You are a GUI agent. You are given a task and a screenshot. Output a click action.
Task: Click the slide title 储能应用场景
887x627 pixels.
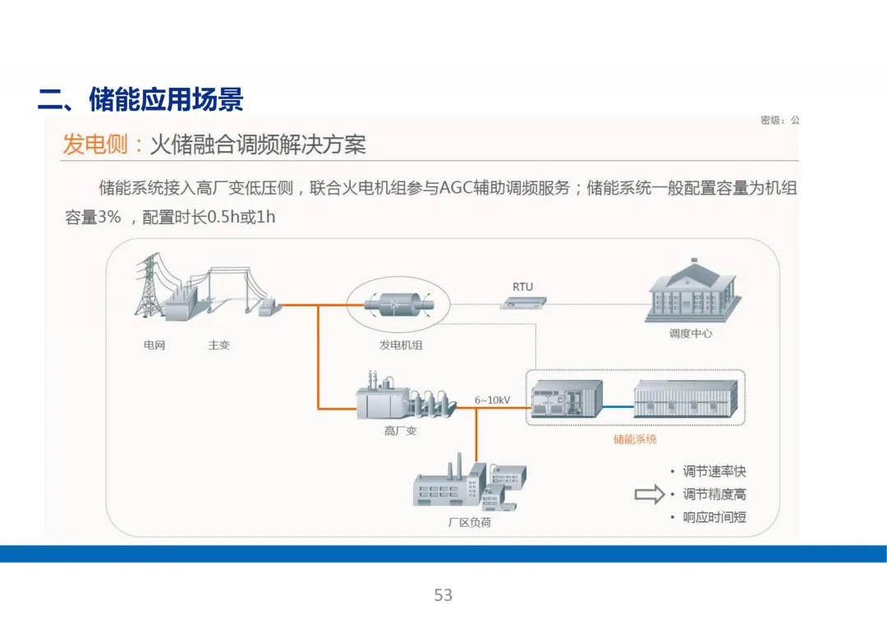[140, 101]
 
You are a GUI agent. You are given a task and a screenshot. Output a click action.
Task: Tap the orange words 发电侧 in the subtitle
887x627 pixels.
[95, 145]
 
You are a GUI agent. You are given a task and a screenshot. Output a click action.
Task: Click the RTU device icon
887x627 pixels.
[522, 304]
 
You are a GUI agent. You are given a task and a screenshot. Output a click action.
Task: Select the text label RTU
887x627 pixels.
[522, 286]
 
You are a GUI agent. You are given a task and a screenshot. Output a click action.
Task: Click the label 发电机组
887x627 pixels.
[401, 346]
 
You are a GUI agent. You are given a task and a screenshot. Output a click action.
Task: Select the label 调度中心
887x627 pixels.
[691, 334]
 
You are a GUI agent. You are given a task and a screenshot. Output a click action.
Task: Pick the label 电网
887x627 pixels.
[154, 346]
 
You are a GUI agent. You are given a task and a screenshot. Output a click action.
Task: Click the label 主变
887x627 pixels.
[218, 346]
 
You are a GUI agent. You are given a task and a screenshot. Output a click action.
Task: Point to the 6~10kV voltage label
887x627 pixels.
[493, 400]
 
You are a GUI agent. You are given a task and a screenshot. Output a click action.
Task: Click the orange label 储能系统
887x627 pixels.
[635, 439]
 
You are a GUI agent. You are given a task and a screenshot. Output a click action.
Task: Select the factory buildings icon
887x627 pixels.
[468, 487]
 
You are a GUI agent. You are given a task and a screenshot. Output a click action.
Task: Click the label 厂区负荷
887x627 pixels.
[469, 522]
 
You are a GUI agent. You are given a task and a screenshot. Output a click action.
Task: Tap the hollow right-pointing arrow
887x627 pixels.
[648, 494]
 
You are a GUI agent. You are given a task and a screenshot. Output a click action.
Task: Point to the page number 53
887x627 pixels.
[443, 595]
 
